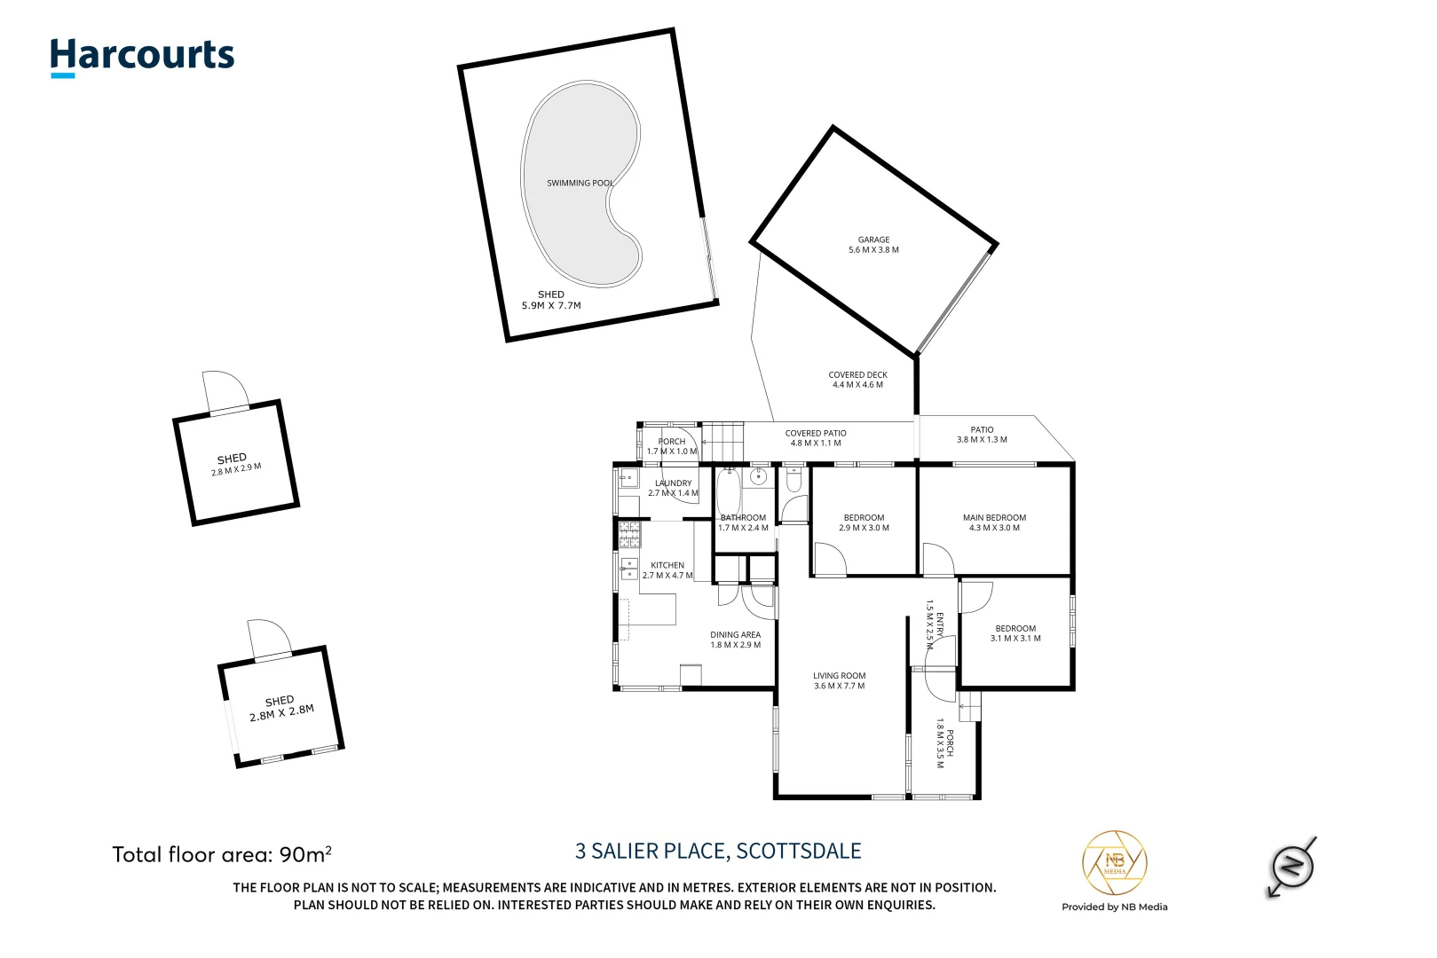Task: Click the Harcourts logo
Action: pos(142,56)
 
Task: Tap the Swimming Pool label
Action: pos(580,184)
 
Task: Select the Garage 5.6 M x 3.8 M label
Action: pos(873,245)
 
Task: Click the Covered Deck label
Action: pos(857,380)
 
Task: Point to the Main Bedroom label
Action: pos(994,522)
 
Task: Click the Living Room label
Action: pos(839,680)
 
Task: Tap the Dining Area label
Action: pos(735,640)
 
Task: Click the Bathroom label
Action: pos(743,522)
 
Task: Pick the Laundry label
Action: pos(673,488)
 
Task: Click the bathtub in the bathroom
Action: pos(729,492)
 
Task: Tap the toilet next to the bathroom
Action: pos(794,480)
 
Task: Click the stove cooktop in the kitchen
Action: pos(629,534)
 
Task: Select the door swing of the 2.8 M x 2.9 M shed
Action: pos(226,390)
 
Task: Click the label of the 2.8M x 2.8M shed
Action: pos(281,708)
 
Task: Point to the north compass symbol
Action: pos(1292,865)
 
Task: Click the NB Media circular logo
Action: pos(1114,862)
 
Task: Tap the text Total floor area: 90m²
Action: pos(222,854)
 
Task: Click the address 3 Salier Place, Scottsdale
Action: pos(718,852)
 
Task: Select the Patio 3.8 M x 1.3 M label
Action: pos(982,435)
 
